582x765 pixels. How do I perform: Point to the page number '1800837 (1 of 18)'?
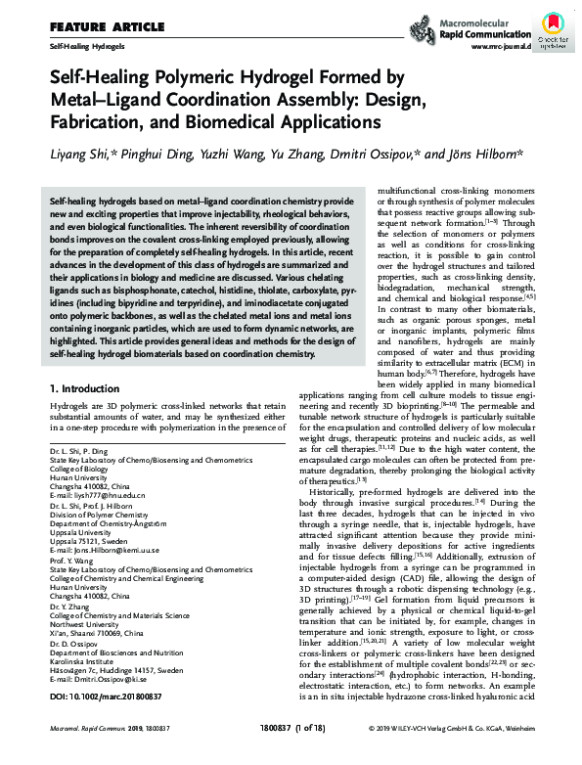click(292, 756)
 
